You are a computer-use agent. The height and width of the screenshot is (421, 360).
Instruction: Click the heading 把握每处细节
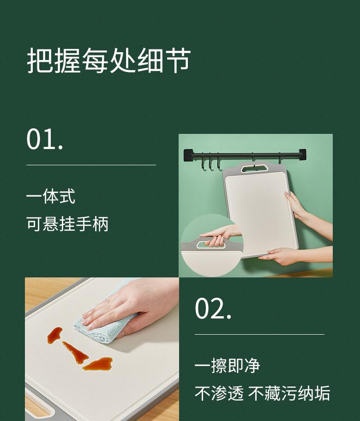coord(108,60)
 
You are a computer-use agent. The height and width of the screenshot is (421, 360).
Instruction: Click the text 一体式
coord(50,197)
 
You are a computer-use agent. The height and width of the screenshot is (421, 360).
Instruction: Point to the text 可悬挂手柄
coord(67,224)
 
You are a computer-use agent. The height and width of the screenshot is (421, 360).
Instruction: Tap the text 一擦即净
coord(227,366)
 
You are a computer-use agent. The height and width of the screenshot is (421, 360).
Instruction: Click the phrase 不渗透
coord(219,394)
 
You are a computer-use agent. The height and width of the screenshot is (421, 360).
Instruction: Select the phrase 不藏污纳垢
coord(289,394)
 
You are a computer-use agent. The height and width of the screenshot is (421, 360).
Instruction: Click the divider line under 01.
coord(91,165)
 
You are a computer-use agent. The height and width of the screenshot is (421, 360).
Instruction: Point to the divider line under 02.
coord(259,334)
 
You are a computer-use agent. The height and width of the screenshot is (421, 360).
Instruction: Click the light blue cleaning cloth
coord(106,323)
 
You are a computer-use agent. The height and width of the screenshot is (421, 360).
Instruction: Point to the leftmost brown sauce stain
coord(54,335)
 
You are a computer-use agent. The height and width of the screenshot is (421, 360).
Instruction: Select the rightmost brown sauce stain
coord(98,364)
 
